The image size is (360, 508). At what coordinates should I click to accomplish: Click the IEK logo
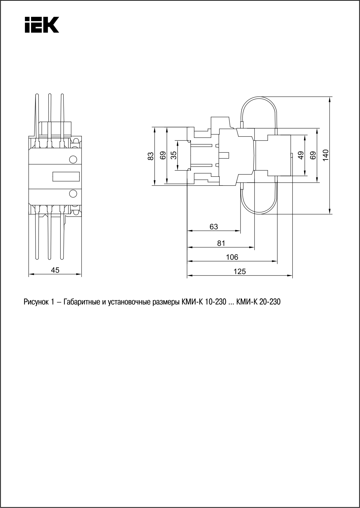(42, 25)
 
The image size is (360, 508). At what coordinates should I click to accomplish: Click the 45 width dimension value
(55, 270)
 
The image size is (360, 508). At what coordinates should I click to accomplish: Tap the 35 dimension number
(173, 155)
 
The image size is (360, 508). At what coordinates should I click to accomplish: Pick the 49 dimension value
(301, 155)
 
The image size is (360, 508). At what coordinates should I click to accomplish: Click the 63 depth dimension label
(214, 227)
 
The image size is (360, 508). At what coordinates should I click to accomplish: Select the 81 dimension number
(221, 243)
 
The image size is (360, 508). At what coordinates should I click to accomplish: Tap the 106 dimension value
(232, 257)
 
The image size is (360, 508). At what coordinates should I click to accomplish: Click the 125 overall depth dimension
(240, 271)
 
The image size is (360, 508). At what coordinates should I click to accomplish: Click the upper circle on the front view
(73, 159)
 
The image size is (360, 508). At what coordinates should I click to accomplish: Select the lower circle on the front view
(73, 193)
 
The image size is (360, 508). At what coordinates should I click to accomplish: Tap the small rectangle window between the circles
(66, 176)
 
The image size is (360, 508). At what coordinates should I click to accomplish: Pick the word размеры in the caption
(166, 302)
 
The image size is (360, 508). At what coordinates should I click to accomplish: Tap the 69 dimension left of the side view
(163, 155)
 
